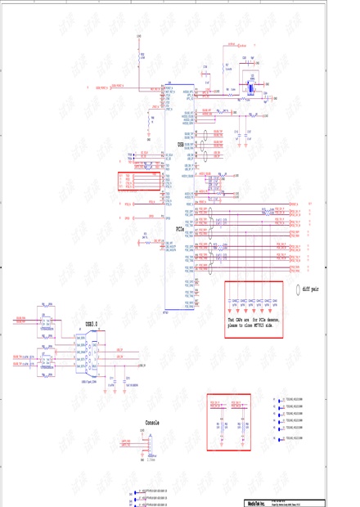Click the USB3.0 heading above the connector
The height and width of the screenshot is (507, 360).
point(92,325)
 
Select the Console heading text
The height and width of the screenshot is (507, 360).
point(152,423)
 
